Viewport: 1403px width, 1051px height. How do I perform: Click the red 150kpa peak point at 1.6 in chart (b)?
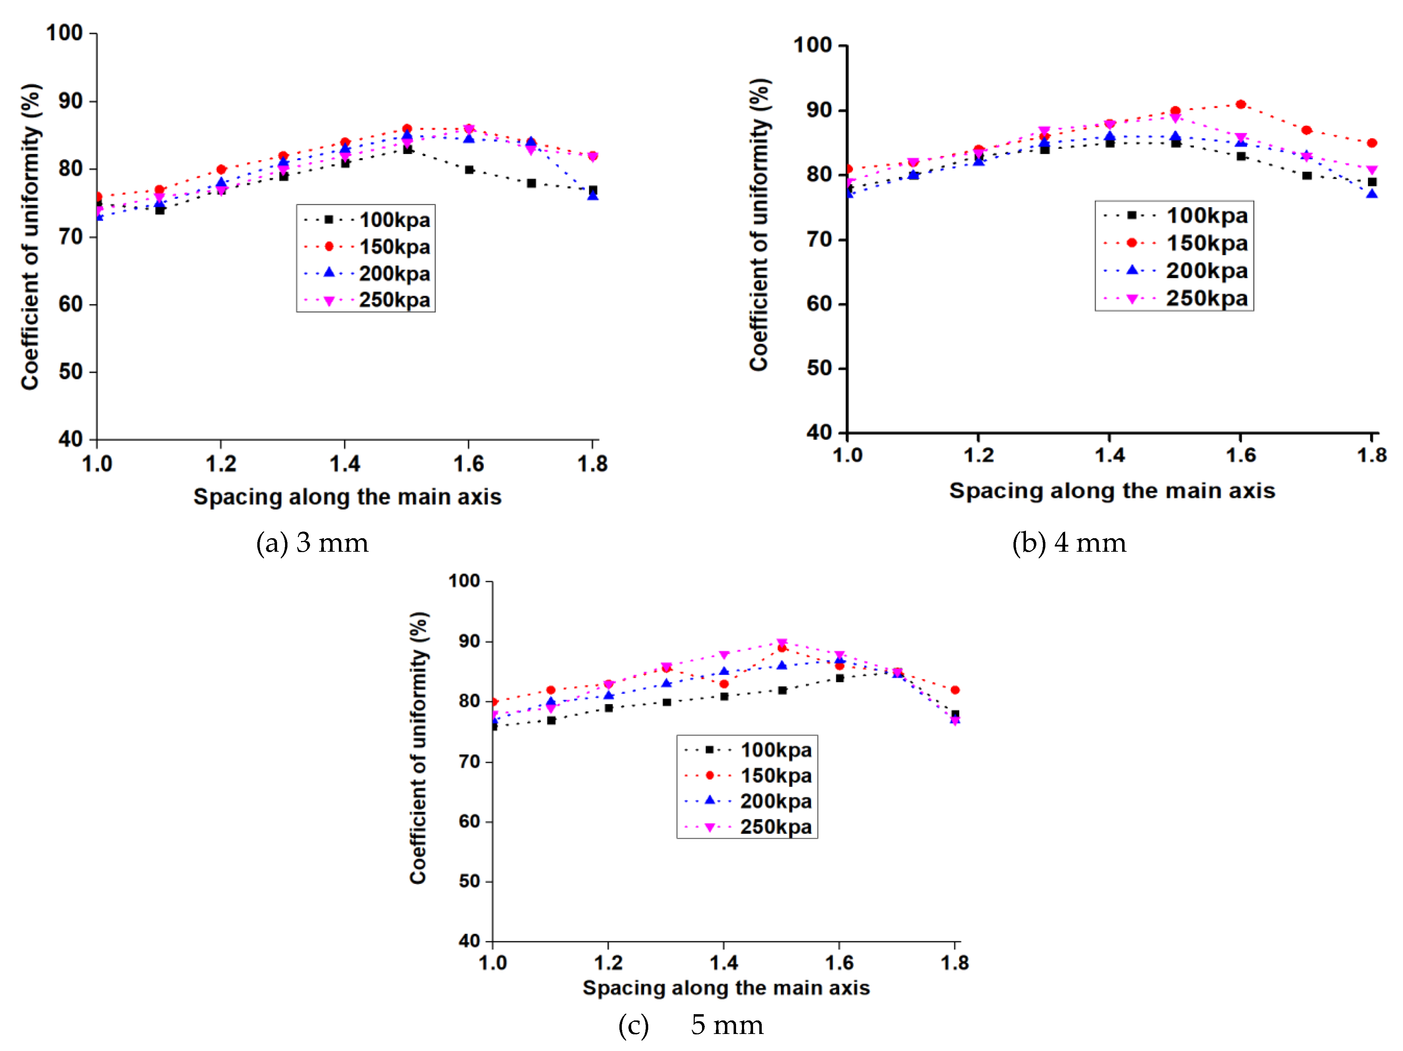point(1241,105)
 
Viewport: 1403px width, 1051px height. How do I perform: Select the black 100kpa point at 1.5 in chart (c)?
point(782,690)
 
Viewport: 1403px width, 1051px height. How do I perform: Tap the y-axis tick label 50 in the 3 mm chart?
point(70,372)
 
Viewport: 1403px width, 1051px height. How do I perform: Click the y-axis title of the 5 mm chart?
point(419,748)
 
